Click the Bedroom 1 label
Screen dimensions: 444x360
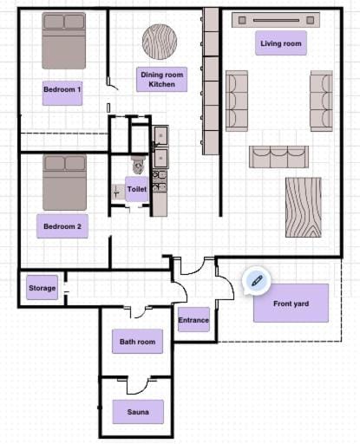(62, 88)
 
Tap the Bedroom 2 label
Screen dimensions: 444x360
(62, 227)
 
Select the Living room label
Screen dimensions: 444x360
(281, 43)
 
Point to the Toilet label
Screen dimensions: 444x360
(137, 189)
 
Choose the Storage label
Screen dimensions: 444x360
(43, 288)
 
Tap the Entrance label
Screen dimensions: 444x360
(193, 320)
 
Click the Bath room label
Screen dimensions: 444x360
(138, 343)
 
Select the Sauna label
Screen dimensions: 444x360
(138, 413)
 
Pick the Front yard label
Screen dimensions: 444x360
(291, 304)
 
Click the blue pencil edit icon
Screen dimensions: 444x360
(256, 279)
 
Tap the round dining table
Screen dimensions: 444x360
(160, 40)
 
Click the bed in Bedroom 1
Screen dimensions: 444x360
(64, 39)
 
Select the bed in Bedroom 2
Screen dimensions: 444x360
(64, 182)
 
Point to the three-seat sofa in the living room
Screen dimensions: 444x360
(279, 156)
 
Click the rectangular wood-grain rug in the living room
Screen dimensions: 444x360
(303, 207)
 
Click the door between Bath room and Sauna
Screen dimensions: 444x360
(137, 385)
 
